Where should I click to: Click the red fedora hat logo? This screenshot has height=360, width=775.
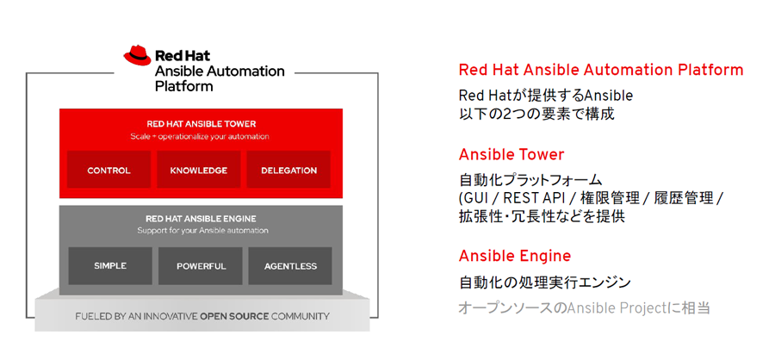click(x=138, y=55)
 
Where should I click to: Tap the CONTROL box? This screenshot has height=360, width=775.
click(x=108, y=169)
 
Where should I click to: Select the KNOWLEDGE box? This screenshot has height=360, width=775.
click(x=199, y=169)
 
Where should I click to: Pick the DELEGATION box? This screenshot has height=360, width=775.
click(x=289, y=169)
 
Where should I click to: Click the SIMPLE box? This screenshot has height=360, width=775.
click(x=110, y=266)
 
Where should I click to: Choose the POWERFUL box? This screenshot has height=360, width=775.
click(x=201, y=266)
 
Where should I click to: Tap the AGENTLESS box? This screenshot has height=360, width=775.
click(x=291, y=266)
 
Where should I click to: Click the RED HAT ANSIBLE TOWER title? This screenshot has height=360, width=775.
click(x=201, y=124)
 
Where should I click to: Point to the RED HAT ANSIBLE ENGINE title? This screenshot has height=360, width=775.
click(x=201, y=218)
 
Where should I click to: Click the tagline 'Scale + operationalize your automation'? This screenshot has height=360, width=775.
click(x=200, y=136)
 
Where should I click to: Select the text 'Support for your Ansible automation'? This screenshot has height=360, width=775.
click(x=202, y=231)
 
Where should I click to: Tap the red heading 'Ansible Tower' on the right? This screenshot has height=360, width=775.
click(x=512, y=155)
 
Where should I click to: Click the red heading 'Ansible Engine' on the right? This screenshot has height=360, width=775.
click(x=515, y=256)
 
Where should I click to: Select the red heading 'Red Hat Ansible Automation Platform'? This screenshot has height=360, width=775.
click(x=601, y=70)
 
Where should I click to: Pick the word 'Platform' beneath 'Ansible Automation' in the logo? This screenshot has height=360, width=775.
click(x=184, y=86)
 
